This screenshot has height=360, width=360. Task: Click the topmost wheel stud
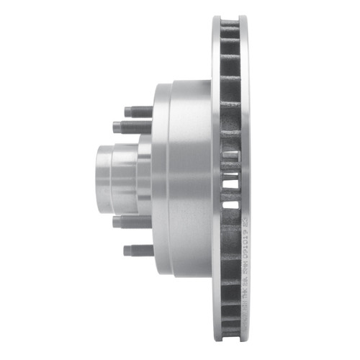[x=137, y=112]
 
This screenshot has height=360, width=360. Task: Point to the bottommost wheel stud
[x=137, y=251]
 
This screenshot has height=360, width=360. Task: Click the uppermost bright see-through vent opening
[x=230, y=153]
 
